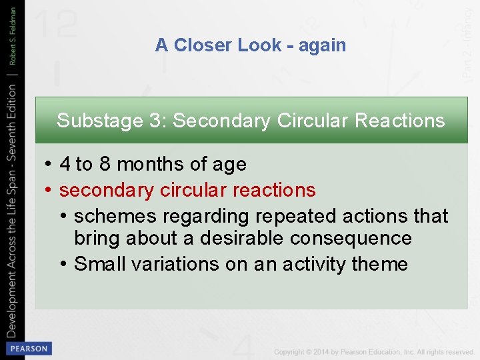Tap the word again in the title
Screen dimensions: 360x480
click(x=322, y=45)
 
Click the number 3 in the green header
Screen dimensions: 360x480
click(x=154, y=121)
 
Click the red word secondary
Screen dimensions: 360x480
click(x=106, y=190)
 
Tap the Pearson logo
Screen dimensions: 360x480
click(x=28, y=348)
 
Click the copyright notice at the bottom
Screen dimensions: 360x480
click(x=373, y=351)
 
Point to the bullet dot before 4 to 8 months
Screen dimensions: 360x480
click(x=49, y=164)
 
